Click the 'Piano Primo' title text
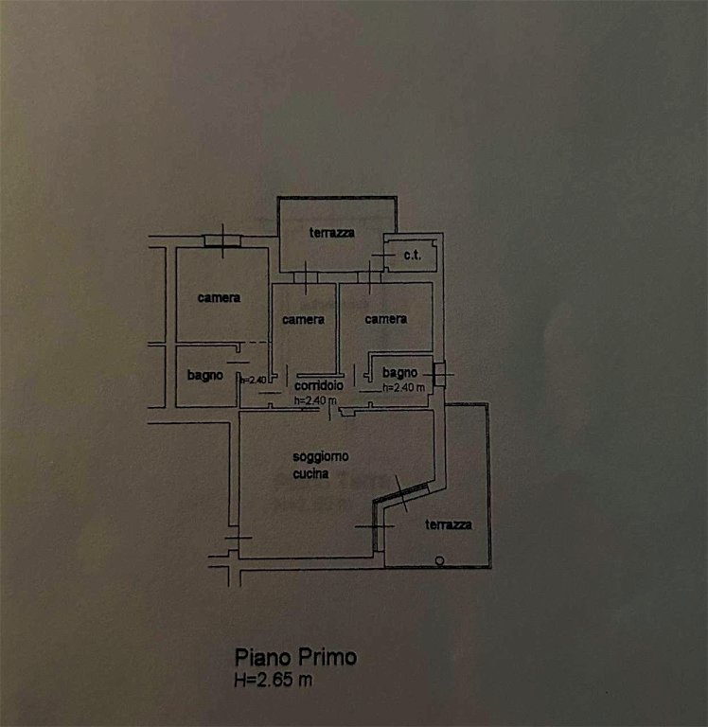(x=296, y=658)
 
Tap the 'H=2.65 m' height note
(x=274, y=680)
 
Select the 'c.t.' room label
(x=412, y=255)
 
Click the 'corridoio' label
(x=319, y=385)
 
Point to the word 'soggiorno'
(x=321, y=457)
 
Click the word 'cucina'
(x=310, y=473)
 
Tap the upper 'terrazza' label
(x=332, y=232)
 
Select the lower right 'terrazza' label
(x=449, y=524)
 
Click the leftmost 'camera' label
(x=219, y=297)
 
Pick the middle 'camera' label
(x=303, y=319)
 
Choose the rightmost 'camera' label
(x=386, y=319)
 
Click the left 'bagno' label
(x=205, y=375)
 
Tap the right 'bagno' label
(x=399, y=372)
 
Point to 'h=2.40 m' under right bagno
(x=403, y=387)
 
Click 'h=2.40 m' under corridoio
(x=315, y=400)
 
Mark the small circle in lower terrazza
(x=439, y=561)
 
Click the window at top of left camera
(x=223, y=241)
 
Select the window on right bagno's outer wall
(x=439, y=374)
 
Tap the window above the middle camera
(x=306, y=277)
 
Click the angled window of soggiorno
(x=401, y=494)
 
